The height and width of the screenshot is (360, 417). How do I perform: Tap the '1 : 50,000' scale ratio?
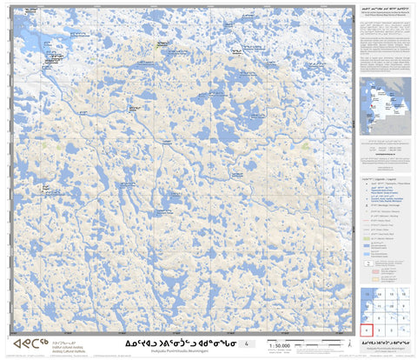[x=280, y=346]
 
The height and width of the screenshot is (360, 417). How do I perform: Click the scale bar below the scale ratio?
[x=280, y=352]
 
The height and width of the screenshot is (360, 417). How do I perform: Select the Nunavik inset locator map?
[x=384, y=103]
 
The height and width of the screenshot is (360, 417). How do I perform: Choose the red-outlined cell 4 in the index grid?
[x=367, y=330]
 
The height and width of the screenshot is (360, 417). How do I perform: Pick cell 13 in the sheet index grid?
[x=367, y=295]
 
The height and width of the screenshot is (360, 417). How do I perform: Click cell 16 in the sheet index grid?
[x=404, y=295]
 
